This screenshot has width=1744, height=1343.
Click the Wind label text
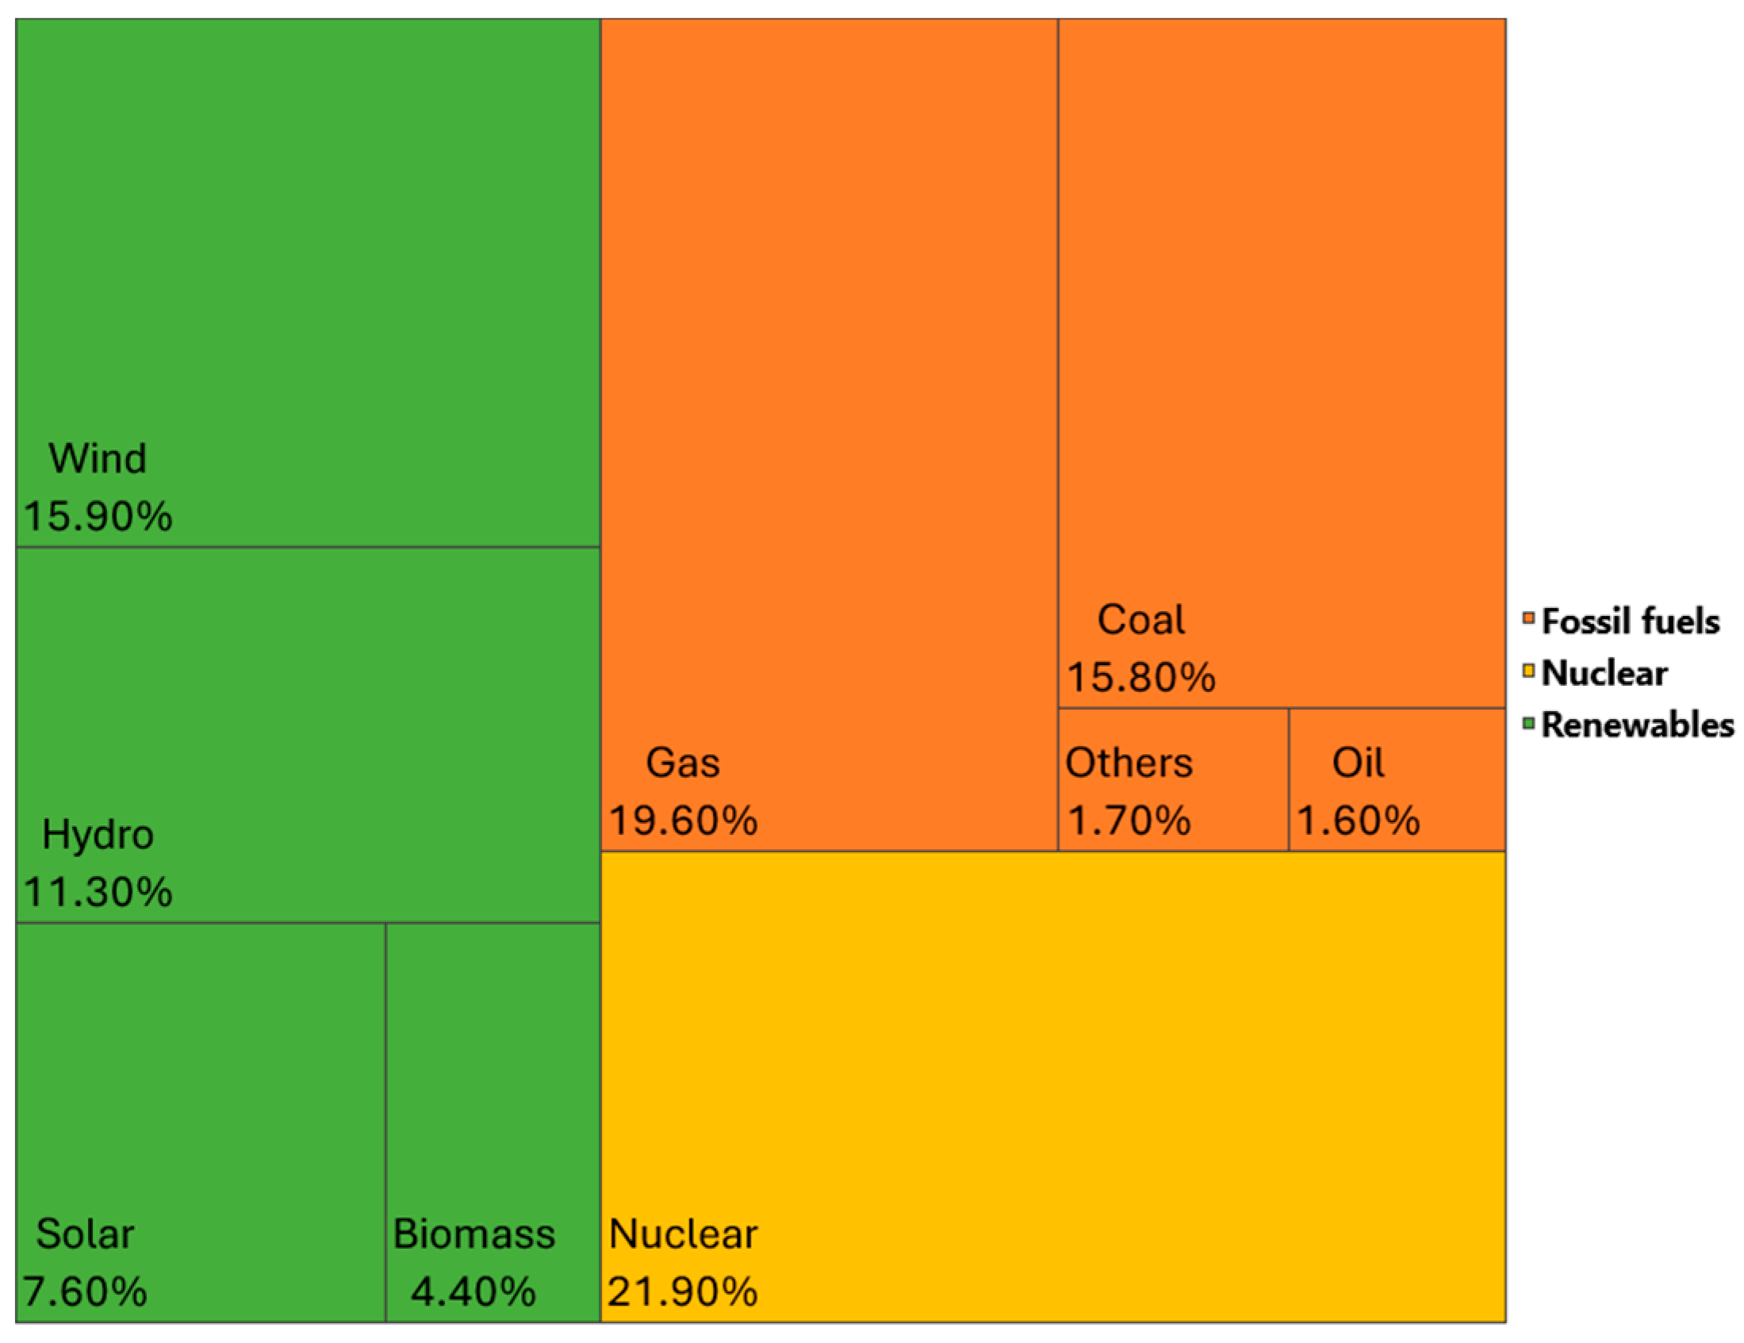point(98,458)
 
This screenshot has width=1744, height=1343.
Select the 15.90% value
point(98,516)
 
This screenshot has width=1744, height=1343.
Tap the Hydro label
point(98,834)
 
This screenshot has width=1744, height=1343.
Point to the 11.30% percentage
point(98,892)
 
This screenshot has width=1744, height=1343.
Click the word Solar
point(85,1234)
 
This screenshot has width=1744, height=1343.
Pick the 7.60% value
point(85,1291)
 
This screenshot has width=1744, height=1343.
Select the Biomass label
point(473,1234)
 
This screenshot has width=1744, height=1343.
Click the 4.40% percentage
point(473,1291)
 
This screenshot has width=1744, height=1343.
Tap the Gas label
point(683,763)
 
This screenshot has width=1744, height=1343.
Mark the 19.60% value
point(683,820)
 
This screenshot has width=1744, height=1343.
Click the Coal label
point(1141,620)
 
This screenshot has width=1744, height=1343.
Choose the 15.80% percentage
point(1141,677)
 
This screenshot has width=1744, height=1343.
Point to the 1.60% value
point(1359,820)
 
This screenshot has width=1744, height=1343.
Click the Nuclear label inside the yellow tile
point(683,1234)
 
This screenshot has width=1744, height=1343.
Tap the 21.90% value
point(683,1291)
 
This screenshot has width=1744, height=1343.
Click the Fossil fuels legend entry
point(1629,622)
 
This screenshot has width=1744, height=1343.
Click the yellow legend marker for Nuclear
point(1529,671)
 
